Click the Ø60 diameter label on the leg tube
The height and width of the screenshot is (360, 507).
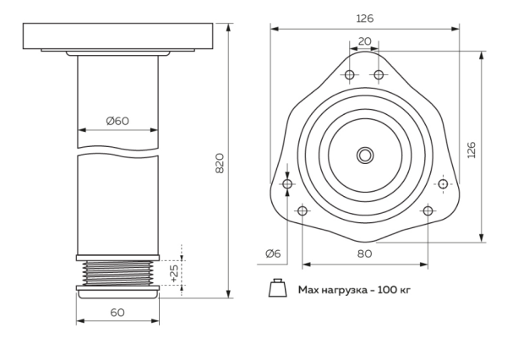(117, 120)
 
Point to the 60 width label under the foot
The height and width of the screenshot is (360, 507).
(117, 312)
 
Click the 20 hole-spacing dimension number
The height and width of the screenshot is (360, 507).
(364, 40)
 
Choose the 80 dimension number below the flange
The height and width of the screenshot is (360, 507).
(364, 253)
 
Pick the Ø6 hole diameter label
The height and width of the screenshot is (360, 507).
(273, 253)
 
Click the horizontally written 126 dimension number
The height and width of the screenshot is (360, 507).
(364, 17)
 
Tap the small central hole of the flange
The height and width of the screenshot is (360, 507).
(364, 155)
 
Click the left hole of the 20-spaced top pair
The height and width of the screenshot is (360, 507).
(349, 75)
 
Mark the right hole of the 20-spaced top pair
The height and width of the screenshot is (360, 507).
(379, 75)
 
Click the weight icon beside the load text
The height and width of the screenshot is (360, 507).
(276, 289)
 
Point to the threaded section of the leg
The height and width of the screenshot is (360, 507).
(117, 271)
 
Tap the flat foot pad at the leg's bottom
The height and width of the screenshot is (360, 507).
(117, 292)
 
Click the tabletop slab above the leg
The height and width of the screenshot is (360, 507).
(117, 36)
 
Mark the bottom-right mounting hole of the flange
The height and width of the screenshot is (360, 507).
(428, 210)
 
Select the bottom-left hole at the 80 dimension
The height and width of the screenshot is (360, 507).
(302, 210)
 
